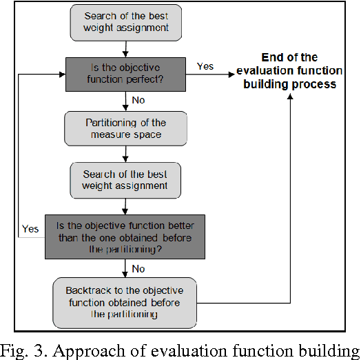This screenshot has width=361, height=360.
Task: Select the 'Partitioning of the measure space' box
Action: (x=125, y=128)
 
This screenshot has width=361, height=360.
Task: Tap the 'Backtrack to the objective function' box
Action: (x=125, y=302)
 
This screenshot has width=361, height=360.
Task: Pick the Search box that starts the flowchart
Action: (x=125, y=23)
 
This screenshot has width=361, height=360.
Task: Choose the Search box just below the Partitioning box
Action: (x=125, y=179)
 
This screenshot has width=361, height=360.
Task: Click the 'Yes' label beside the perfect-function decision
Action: (x=205, y=67)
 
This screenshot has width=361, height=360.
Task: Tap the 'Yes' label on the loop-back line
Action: (x=30, y=228)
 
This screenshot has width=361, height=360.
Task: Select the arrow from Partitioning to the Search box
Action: (x=125, y=154)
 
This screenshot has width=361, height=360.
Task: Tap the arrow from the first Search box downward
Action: (x=125, y=48)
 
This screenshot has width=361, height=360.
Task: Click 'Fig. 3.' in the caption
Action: (x=23, y=348)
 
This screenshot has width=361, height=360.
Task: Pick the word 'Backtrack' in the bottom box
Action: (x=87, y=290)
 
